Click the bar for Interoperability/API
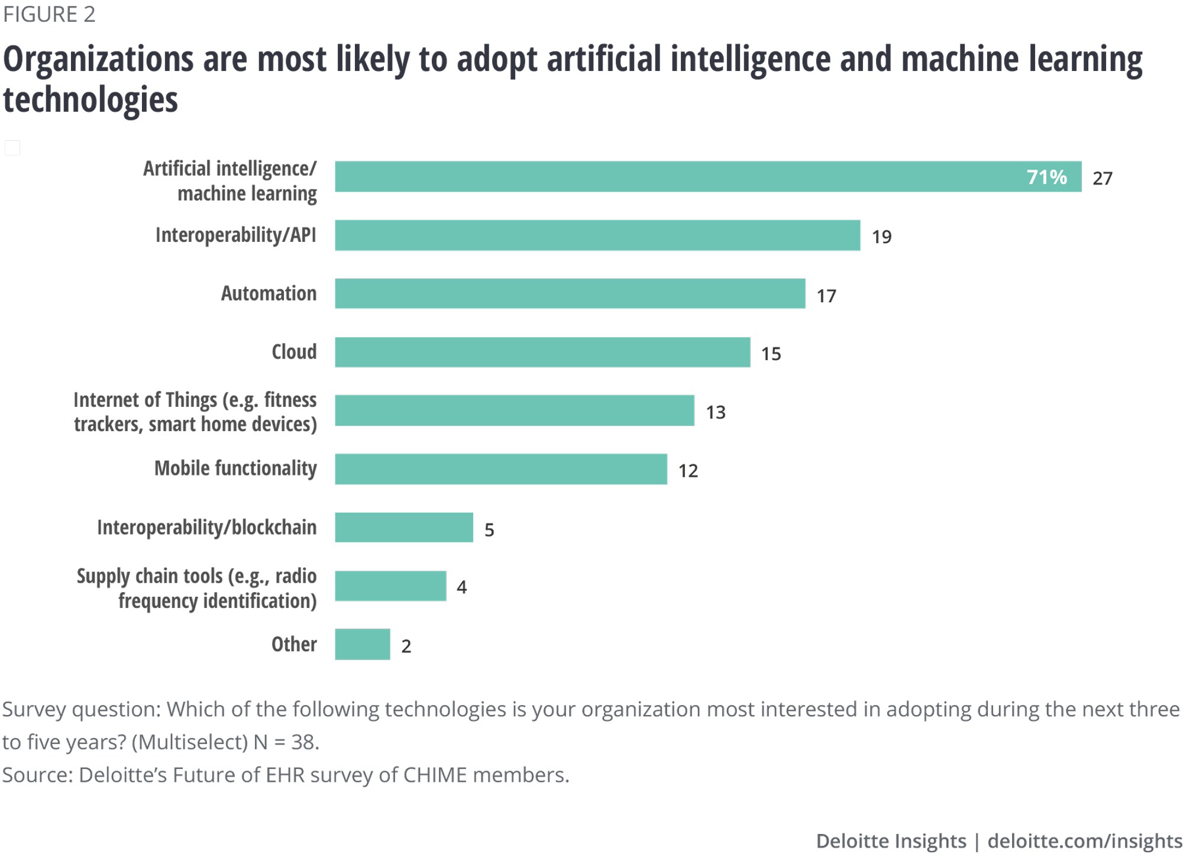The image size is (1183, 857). (597, 235)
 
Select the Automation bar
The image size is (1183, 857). (570, 293)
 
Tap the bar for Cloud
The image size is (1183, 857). (542, 352)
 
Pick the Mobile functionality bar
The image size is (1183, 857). (500, 469)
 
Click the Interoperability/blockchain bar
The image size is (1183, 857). (404, 527)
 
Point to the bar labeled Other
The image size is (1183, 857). (362, 644)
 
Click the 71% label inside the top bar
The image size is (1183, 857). (1046, 177)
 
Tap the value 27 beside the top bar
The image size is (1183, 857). (1103, 178)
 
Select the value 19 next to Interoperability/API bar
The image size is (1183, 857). (881, 237)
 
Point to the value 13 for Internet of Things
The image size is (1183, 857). (716, 412)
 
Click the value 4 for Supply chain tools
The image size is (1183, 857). (462, 587)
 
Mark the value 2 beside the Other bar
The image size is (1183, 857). (406, 646)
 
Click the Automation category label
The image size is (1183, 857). (269, 293)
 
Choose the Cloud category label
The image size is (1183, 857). (294, 352)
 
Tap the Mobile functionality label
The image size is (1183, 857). (235, 468)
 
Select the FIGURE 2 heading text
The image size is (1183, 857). (49, 14)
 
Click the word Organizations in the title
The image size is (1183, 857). (98, 60)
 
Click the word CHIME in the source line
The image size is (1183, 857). (435, 775)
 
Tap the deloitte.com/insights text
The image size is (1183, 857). (1084, 840)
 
